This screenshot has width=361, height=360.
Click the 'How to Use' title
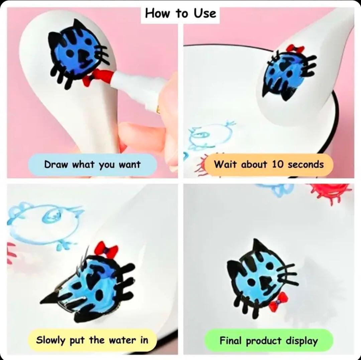tap(180, 13)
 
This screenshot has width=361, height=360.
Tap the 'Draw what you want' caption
tap(92, 164)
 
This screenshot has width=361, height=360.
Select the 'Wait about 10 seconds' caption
tap(269, 164)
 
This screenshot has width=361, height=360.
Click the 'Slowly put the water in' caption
tap(92, 340)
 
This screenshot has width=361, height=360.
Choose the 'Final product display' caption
tap(269, 340)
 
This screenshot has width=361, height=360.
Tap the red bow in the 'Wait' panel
tap(295, 49)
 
